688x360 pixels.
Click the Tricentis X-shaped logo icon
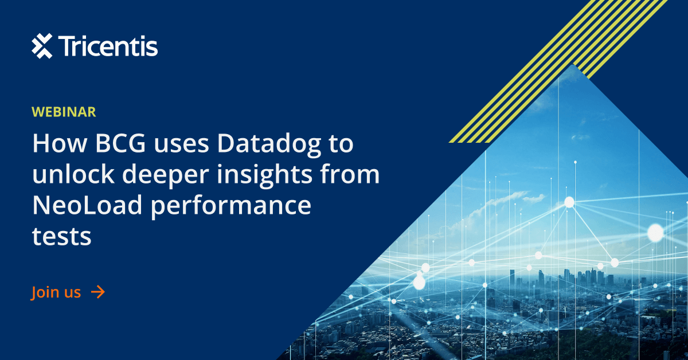pos(42,46)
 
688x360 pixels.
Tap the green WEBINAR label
pos(64,112)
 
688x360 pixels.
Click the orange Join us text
pos(56,292)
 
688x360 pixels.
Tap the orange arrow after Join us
pos(98,292)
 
